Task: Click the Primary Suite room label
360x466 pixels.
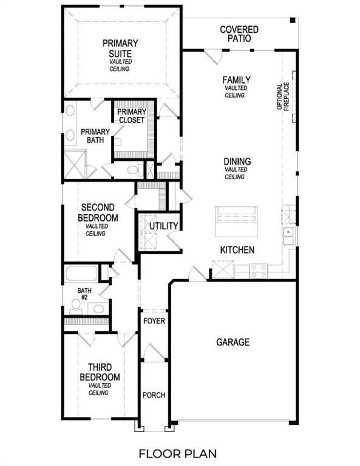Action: (x=120, y=49)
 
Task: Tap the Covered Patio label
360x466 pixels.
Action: (x=239, y=34)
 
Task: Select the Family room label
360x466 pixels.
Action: (x=236, y=80)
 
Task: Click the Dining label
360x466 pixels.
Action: (x=237, y=161)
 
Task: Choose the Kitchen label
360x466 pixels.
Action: (x=237, y=250)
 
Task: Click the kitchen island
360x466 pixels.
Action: (x=236, y=221)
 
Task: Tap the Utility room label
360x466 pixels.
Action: (x=164, y=226)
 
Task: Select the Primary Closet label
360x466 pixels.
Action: (x=131, y=116)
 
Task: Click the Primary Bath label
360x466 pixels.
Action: (x=95, y=136)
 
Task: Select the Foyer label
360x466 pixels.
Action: (x=154, y=320)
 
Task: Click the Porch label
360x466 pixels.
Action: (x=154, y=395)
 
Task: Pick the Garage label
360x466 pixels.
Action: (x=233, y=342)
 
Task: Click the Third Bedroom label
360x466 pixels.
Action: (x=100, y=372)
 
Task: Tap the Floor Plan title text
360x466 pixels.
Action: (x=177, y=453)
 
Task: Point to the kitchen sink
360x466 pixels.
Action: (x=288, y=235)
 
